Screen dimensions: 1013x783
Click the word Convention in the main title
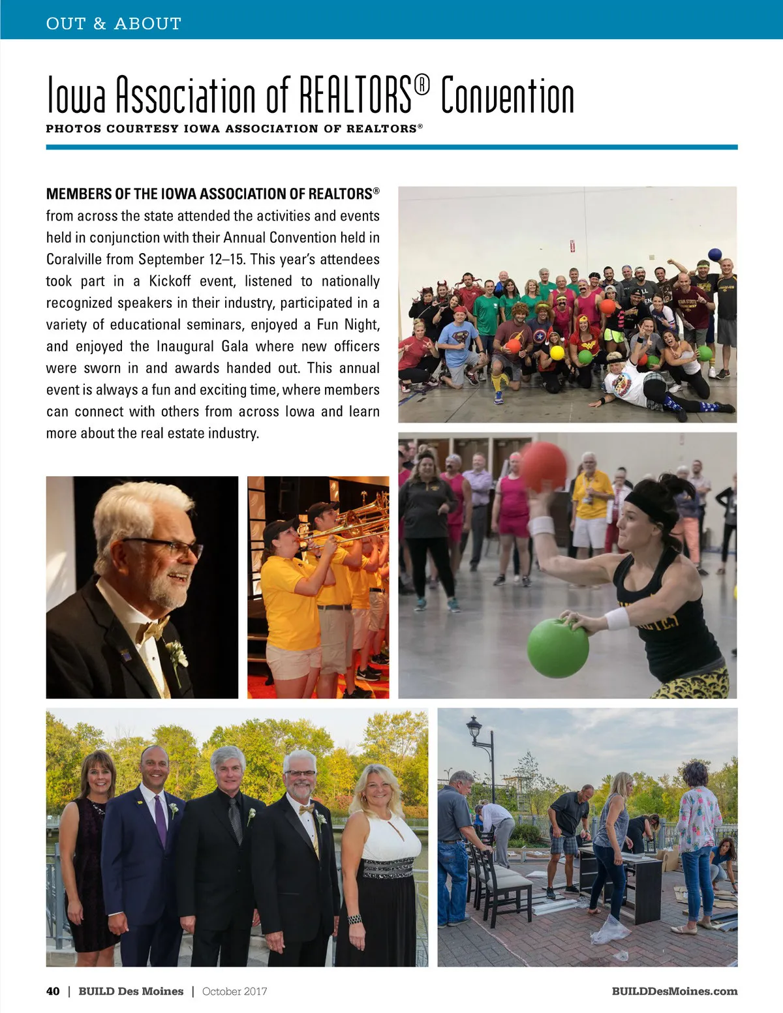pyautogui.click(x=507, y=96)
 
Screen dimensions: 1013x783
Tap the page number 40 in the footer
pyautogui.click(x=53, y=991)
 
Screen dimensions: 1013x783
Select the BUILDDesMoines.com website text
pyautogui.click(x=674, y=991)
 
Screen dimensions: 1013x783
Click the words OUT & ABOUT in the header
pyautogui.click(x=114, y=24)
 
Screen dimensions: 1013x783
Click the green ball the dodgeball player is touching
pyautogui.click(x=558, y=648)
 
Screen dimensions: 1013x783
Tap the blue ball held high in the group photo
pyautogui.click(x=715, y=254)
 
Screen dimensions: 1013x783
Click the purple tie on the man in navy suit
pyautogui.click(x=160, y=821)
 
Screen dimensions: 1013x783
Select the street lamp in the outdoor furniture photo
pyautogui.click(x=475, y=727)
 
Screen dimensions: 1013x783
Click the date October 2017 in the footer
pyautogui.click(x=234, y=991)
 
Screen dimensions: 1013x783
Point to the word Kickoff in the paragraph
pyautogui.click(x=170, y=281)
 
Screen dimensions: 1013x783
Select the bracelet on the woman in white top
pyautogui.click(x=354, y=919)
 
